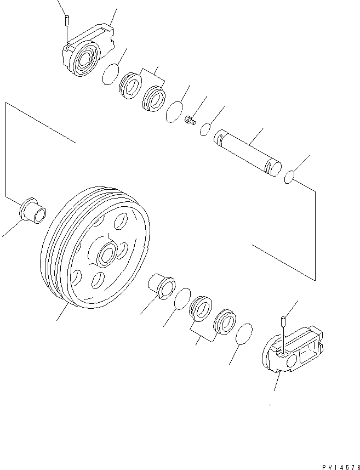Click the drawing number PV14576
click(x=337, y=467)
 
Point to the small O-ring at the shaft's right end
click(x=291, y=177)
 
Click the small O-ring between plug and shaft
click(x=206, y=129)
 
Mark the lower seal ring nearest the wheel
click(x=201, y=308)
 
